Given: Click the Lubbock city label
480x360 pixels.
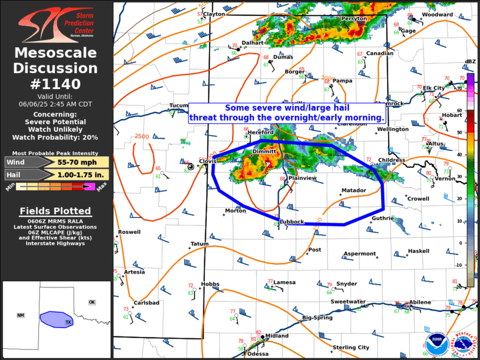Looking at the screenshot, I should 292,222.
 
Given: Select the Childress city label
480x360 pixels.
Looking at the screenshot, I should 392,160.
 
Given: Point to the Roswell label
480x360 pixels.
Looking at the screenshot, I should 129,232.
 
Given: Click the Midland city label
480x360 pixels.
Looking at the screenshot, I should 277,336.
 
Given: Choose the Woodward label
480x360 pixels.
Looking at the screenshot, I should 437,15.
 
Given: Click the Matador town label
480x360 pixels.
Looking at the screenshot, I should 354,190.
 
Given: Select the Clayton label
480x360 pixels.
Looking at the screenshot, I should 214,14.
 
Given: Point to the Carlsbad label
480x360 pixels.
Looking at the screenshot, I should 146,303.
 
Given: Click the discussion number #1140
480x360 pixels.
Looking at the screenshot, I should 56,84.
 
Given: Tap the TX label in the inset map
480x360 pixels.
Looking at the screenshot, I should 68,323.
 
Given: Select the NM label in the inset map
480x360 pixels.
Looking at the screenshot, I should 21,316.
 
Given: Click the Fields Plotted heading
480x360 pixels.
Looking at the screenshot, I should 55,211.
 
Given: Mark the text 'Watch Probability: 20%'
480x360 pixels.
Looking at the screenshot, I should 55,137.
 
